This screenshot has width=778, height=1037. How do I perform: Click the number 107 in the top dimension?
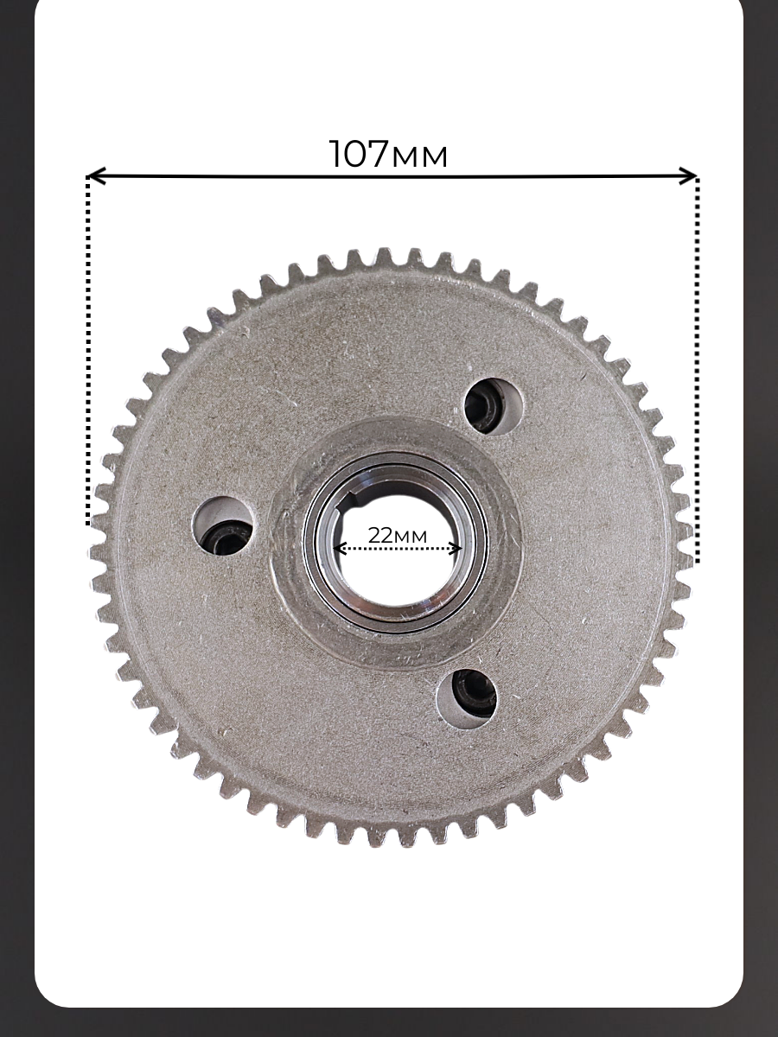pos(359,154)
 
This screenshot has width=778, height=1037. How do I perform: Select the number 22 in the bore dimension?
pos(379,535)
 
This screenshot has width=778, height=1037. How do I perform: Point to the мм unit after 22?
pos(410,538)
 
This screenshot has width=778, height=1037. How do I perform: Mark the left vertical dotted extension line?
pos(88,350)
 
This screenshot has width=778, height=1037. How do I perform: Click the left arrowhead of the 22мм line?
pos(338,549)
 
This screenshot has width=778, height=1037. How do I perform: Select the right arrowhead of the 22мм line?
pos(456,549)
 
